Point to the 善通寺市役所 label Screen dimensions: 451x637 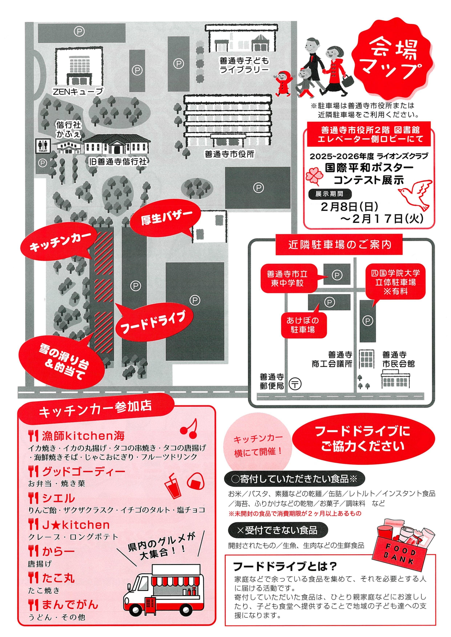coord(229,154)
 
